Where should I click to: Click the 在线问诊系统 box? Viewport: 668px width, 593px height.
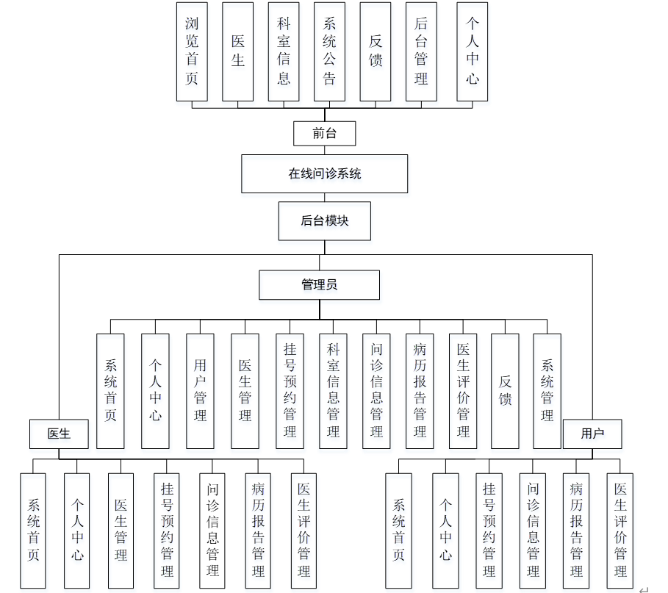(x=324, y=174)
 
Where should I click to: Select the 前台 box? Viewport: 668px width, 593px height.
(x=324, y=134)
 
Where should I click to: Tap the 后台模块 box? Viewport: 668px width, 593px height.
(x=324, y=220)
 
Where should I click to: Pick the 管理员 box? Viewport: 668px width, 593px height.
(x=319, y=284)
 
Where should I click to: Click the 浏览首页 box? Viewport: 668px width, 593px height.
(x=192, y=51)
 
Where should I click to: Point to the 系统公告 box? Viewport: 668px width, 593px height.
(x=329, y=51)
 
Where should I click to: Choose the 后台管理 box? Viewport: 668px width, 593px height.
(x=421, y=51)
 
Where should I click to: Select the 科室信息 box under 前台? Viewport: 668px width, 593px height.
(x=284, y=51)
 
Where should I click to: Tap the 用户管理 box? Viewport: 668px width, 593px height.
(x=200, y=391)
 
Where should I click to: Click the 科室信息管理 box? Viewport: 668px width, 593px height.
(x=333, y=391)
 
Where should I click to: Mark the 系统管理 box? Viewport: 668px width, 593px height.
(x=547, y=391)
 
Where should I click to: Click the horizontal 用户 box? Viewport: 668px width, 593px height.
(x=592, y=434)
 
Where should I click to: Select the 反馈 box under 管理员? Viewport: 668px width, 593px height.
(x=505, y=391)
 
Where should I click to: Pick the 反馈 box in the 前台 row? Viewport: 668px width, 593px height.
(x=376, y=51)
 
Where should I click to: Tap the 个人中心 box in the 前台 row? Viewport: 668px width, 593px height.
(x=472, y=51)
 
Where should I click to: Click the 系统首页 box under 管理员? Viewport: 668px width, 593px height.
(x=110, y=391)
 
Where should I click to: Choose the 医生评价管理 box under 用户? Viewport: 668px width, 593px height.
(x=620, y=530)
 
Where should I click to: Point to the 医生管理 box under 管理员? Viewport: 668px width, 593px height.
(x=245, y=391)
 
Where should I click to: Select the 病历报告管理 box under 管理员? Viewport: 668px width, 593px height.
(x=420, y=391)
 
